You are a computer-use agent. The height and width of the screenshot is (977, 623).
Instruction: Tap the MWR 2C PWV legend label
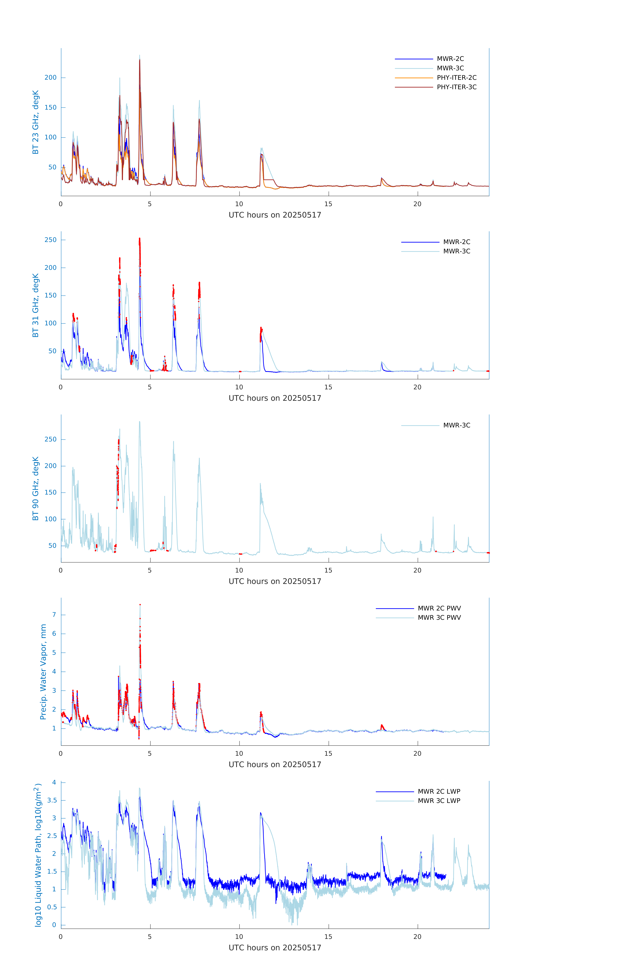click(x=439, y=608)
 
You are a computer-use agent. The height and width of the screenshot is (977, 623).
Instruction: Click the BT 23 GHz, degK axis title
click(x=36, y=122)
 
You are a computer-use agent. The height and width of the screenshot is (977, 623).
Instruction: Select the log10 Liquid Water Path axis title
click(x=38, y=855)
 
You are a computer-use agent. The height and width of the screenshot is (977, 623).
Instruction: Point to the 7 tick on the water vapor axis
click(x=54, y=615)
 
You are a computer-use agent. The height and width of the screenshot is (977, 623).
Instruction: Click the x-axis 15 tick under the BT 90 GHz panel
click(x=328, y=570)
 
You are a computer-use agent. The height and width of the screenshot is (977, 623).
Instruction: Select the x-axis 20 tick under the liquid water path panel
click(x=417, y=936)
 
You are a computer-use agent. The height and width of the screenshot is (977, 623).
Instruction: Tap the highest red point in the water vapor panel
click(x=140, y=605)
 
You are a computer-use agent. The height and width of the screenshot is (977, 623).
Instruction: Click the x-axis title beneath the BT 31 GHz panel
click(x=275, y=398)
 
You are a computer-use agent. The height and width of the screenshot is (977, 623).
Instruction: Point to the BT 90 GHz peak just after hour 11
click(x=260, y=484)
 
